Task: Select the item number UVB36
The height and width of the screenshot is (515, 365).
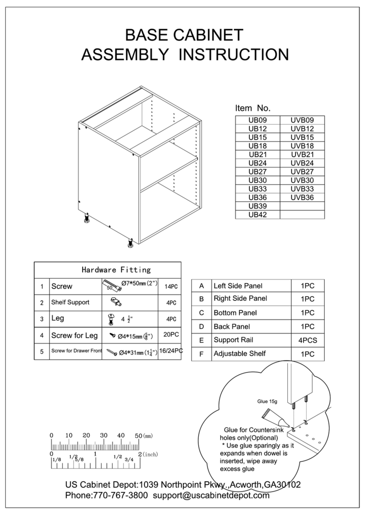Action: tap(302, 198)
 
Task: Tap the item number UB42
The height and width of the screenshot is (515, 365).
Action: tap(257, 215)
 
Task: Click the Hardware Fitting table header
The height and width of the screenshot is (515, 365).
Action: tap(116, 270)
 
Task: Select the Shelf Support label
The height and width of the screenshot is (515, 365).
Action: tap(70, 302)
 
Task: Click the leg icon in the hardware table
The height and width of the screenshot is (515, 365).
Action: tap(110, 319)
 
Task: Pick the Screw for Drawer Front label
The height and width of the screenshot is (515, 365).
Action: tap(76, 351)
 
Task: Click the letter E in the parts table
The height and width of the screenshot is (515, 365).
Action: tap(201, 340)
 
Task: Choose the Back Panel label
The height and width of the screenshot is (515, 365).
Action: tap(232, 326)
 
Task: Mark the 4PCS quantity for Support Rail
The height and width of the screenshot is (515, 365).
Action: tap(307, 340)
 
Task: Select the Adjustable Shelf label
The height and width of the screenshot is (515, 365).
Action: tap(239, 354)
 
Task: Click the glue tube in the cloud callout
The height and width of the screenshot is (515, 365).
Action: tap(273, 417)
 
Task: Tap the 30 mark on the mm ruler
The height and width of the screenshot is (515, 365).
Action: tap(103, 436)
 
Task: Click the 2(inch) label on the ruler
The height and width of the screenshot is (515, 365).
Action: tap(148, 454)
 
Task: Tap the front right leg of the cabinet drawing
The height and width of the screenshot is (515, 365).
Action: tap(130, 244)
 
